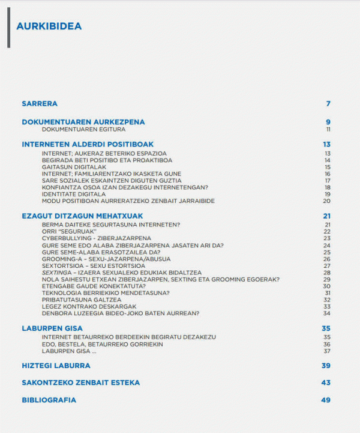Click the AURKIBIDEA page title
[x=49, y=26]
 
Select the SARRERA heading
[x=40, y=103]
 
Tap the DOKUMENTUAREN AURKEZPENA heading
[x=83, y=122]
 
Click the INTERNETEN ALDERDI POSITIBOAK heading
[x=88, y=144]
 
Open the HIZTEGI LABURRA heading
[x=56, y=365]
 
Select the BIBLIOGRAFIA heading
[x=49, y=400]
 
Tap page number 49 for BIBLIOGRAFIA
[x=326, y=400]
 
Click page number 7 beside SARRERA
[x=328, y=103]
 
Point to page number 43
[x=326, y=383]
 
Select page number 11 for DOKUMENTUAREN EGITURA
[x=328, y=129]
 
